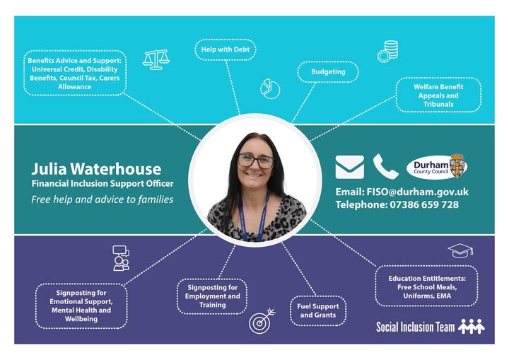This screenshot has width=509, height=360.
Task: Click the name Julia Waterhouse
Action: click(96, 169)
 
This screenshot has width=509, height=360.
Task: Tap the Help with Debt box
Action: click(225, 50)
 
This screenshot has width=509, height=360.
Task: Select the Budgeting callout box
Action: click(328, 71)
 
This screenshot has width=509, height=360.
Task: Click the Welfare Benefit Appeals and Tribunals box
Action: click(438, 95)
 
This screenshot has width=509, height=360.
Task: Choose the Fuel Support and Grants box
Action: click(318, 310)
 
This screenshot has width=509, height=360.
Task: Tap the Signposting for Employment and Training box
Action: click(212, 296)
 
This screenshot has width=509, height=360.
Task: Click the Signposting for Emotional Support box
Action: click(82, 306)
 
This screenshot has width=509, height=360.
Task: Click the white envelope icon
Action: click(350, 167)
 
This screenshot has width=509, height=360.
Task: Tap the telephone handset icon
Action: click(386, 167)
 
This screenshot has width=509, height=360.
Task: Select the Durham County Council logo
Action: click(437, 167)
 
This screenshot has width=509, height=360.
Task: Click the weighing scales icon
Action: click(156, 59)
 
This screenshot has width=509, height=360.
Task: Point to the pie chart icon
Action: click(270, 89)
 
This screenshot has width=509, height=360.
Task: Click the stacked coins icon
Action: click(387, 52)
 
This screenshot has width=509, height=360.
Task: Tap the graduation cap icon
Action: click(460, 250)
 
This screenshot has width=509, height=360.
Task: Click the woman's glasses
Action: click(255, 161)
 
